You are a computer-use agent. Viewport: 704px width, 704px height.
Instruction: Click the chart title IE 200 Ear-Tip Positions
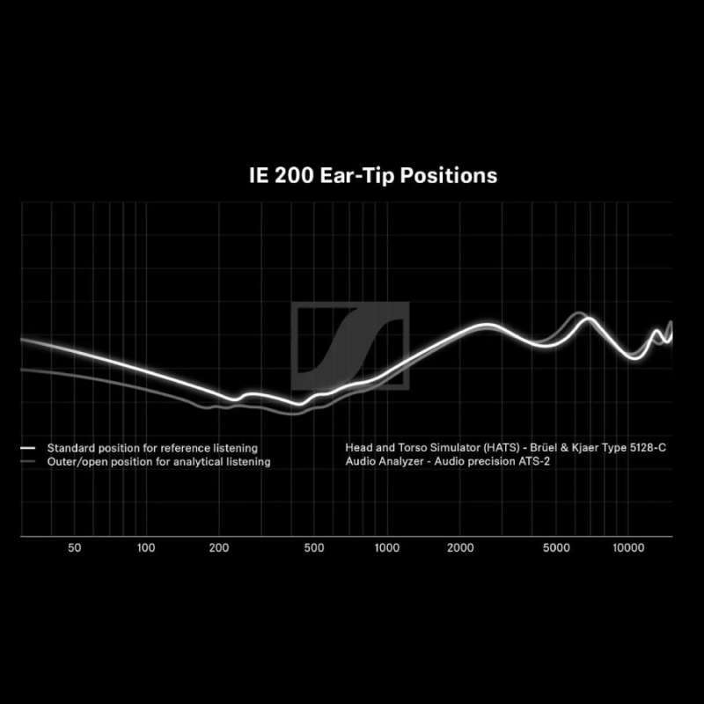373,175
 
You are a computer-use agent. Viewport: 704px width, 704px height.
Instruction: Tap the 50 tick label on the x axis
74,547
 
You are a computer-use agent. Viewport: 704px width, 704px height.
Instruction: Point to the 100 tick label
146,547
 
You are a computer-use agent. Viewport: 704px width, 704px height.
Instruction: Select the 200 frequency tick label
219,547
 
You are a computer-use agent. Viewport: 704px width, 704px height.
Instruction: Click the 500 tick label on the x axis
314,547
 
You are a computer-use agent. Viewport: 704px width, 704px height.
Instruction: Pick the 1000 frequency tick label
387,547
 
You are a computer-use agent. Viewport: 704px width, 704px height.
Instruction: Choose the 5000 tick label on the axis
555,547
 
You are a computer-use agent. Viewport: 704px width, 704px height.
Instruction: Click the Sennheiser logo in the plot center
350,346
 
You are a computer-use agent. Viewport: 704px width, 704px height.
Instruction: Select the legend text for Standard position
152,448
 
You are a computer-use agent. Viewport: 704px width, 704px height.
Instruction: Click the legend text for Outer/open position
158,461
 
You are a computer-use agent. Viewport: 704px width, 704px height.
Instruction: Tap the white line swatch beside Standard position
28,448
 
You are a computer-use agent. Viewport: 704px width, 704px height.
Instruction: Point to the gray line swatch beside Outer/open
28,461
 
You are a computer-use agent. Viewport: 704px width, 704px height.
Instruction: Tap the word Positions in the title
449,175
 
